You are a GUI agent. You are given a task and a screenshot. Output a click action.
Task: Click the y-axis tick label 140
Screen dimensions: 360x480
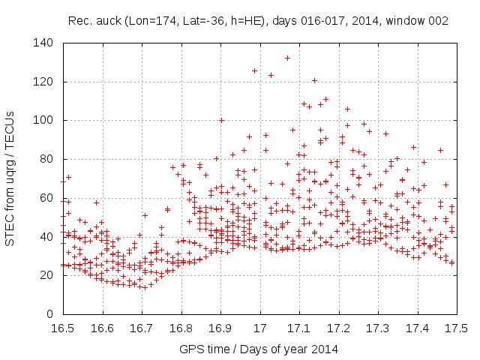tap(43, 43)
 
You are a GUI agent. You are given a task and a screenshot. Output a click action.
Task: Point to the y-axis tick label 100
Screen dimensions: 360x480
tap(43, 121)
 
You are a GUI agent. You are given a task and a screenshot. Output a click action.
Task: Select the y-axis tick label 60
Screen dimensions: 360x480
tap(46, 198)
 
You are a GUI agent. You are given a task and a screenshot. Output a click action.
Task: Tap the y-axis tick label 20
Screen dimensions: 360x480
tap(46, 275)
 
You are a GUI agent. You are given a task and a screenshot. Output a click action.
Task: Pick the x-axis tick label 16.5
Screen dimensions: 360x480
tap(63, 328)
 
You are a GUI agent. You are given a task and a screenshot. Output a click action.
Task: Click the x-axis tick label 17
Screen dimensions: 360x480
tap(259, 328)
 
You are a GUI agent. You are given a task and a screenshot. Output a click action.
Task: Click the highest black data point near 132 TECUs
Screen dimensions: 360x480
tap(287, 58)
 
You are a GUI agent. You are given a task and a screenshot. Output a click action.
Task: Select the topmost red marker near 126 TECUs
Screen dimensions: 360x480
tap(255, 70)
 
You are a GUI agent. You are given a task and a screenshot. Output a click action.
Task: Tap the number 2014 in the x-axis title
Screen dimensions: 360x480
tap(325, 349)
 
